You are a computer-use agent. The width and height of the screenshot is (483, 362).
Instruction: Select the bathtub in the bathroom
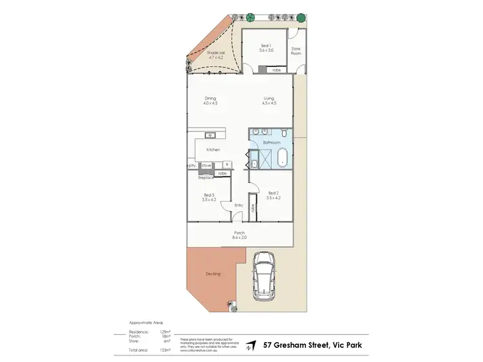tap(282, 157)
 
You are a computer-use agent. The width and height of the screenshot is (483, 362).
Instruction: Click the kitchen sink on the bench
tap(210, 135)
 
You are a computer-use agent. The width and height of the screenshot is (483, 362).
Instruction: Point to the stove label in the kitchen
tap(206, 166)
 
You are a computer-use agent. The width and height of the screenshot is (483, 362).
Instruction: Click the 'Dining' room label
tap(210, 100)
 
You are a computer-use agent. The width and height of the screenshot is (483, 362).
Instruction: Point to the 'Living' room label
tap(269, 100)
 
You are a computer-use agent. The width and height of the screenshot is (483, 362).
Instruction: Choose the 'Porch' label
tap(239, 234)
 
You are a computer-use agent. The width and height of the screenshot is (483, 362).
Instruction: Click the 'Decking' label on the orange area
tap(213, 274)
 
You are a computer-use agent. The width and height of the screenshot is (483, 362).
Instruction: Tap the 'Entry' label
tap(238, 205)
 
